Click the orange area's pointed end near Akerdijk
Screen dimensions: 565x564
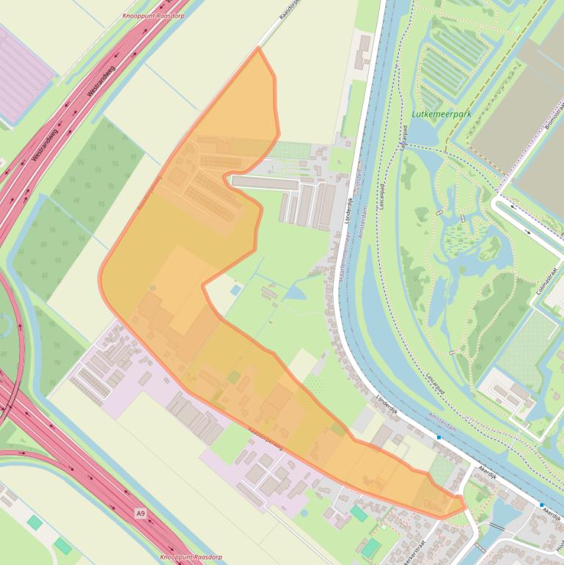coord(463,505)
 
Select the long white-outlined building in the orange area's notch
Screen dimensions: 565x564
coord(265,182)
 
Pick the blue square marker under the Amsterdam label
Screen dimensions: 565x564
coord(439,438)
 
